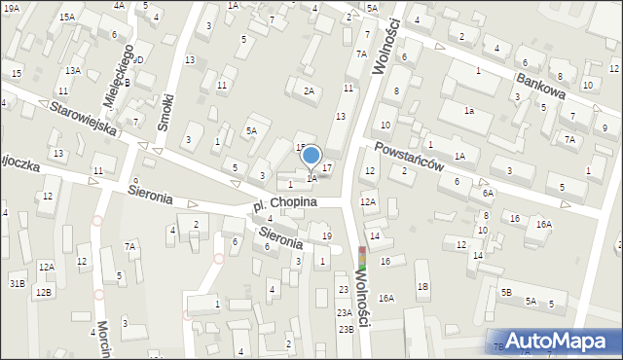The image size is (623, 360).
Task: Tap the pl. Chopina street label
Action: click(x=285, y=203)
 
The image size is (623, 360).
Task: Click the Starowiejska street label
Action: click(x=85, y=116)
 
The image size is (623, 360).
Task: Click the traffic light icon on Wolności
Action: click(x=363, y=259)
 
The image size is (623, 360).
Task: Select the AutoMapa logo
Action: click(x=555, y=341)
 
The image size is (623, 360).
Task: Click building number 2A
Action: click(x=310, y=91)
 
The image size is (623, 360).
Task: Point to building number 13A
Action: click(x=73, y=71)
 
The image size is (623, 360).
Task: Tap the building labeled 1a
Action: click(x=468, y=111)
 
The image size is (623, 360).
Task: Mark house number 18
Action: click(x=421, y=286)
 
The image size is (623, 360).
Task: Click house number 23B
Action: click(x=346, y=329)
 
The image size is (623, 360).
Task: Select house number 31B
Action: click(x=17, y=283)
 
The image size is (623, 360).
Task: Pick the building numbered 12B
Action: click(x=42, y=292)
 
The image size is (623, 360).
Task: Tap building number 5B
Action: click(x=506, y=291)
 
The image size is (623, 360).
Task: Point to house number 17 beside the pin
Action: click(x=327, y=168)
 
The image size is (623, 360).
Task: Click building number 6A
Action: click(x=487, y=194)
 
